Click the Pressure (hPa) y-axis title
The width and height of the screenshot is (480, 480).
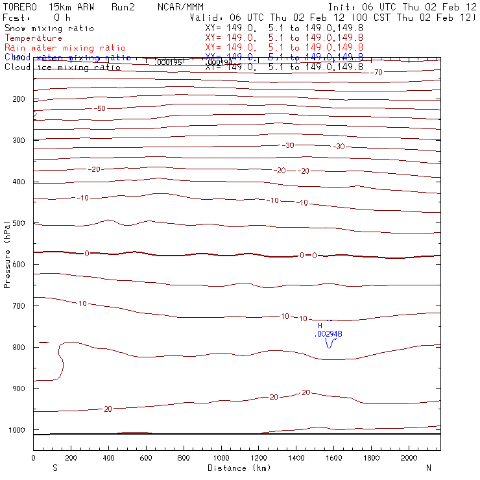click(x=8, y=253)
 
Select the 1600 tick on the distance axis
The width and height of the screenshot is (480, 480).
click(x=372, y=458)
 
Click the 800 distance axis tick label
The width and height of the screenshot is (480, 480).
click(x=184, y=458)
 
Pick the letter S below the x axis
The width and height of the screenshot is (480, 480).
click(x=54, y=468)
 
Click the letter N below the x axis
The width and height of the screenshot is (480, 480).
click(x=428, y=468)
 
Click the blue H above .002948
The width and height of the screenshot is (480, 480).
click(x=320, y=326)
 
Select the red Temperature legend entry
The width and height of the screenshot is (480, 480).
click(x=33, y=38)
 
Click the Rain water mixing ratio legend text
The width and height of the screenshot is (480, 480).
click(x=65, y=48)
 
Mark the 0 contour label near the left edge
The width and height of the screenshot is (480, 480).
click(x=87, y=253)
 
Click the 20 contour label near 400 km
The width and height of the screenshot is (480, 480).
click(x=108, y=409)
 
